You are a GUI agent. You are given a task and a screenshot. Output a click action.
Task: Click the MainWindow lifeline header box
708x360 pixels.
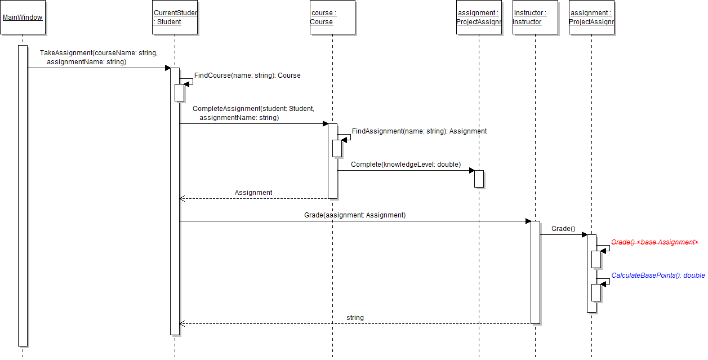tap(23, 17)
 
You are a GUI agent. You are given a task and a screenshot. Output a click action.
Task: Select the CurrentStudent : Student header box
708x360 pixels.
tap(175, 17)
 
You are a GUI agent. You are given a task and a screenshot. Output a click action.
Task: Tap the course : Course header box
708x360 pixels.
tap(332, 17)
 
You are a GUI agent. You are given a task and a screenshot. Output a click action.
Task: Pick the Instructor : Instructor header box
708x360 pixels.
tap(535, 17)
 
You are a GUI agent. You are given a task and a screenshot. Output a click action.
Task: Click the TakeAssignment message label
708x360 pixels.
tap(99, 57)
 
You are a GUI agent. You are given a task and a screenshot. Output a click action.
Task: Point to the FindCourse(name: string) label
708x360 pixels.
tap(247, 75)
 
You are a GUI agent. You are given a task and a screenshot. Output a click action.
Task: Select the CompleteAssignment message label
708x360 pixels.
tap(253, 113)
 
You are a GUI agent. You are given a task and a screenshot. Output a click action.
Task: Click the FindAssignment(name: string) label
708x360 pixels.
tap(419, 131)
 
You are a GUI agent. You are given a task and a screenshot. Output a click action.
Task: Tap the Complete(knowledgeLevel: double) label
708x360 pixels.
tap(406, 165)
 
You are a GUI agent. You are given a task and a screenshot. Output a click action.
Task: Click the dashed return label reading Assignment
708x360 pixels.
tap(253, 193)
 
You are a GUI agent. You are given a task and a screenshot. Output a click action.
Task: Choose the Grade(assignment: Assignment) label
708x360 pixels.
tap(355, 215)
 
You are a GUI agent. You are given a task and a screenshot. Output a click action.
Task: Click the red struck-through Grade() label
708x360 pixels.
tap(654, 242)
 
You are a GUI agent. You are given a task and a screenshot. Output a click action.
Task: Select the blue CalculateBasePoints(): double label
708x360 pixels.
tap(658, 275)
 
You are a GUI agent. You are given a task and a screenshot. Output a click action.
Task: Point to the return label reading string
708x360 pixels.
tap(355, 318)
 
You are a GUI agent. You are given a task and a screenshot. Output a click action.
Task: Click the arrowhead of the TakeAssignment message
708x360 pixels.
tap(167, 68)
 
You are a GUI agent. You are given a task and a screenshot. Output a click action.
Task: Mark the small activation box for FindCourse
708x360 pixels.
tap(179, 92)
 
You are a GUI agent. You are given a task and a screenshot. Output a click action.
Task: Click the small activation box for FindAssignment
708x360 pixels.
tap(337, 148)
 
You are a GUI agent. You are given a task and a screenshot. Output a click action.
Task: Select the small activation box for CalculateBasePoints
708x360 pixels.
tap(596, 292)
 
